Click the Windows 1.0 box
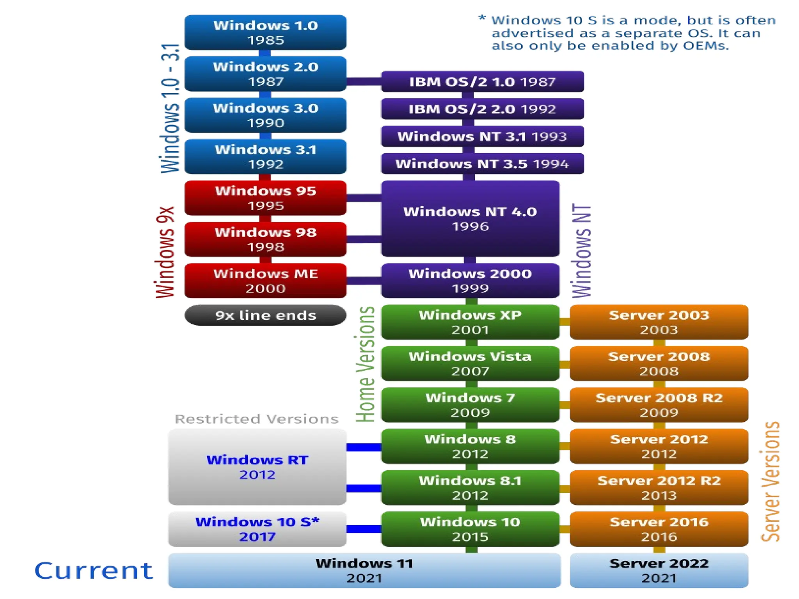[265, 32]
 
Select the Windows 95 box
[265, 198]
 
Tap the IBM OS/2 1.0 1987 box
[482, 82]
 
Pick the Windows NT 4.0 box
[470, 218]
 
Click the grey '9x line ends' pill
[265, 315]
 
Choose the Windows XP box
[470, 322]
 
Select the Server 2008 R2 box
[659, 405]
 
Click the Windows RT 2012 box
[257, 467]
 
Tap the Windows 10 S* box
[257, 529]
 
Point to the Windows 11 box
[364, 570]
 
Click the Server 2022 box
[659, 570]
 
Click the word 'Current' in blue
[94, 571]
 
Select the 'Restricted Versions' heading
[256, 419]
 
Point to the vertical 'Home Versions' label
[366, 365]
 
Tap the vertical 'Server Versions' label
[770, 482]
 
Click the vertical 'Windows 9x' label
[165, 252]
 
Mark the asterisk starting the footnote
[482, 19]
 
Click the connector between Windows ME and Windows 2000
[364, 280]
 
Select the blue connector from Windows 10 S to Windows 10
[364, 529]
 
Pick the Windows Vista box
[470, 363]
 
